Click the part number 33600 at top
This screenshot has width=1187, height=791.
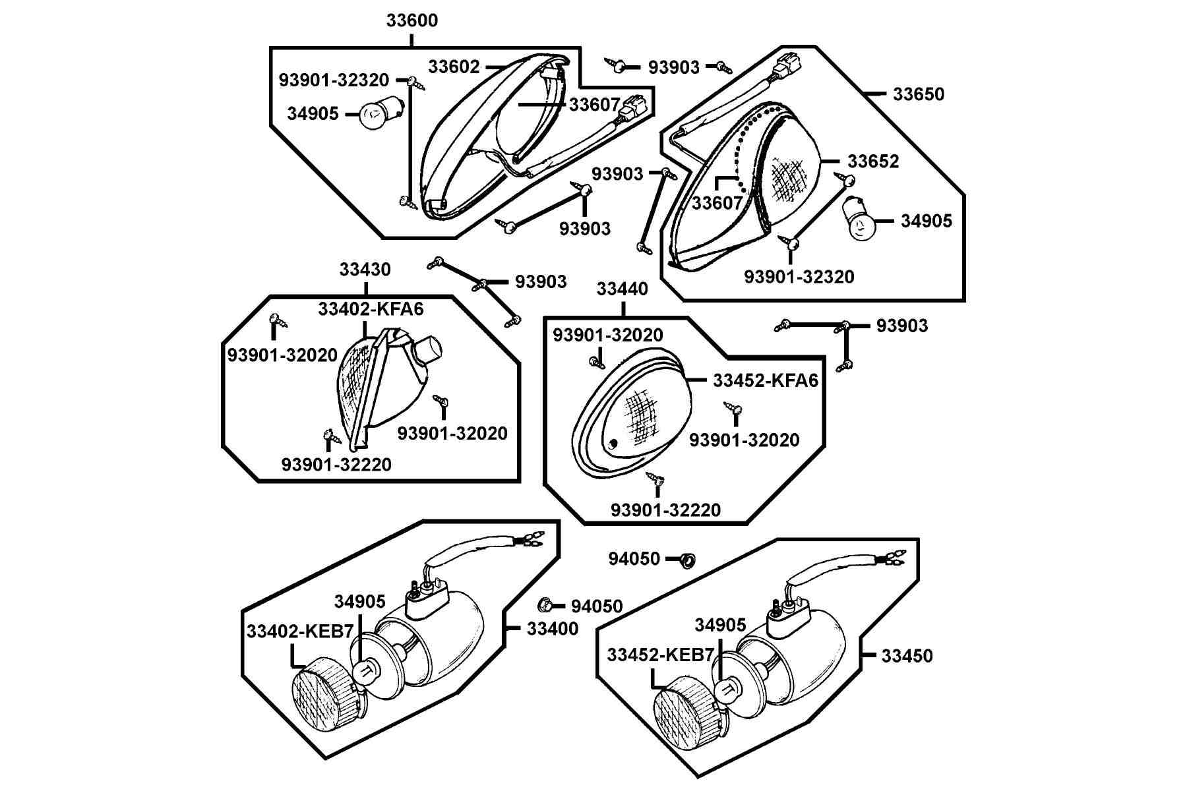[x=411, y=20]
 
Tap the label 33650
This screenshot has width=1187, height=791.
[x=919, y=94]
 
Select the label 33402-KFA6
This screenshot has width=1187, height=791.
[x=371, y=308]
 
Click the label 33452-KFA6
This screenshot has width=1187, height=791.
[x=766, y=380]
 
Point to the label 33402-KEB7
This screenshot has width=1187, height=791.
[x=300, y=631]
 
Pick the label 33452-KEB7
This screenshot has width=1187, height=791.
[x=661, y=655]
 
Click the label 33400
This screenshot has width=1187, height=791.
[x=553, y=628]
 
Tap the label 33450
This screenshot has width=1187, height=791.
[x=907, y=656]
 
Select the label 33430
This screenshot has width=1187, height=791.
[x=365, y=270]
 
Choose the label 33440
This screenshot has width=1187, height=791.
[x=623, y=289]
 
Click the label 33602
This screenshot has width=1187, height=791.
[x=454, y=67]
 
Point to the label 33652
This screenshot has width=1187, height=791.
[x=873, y=161]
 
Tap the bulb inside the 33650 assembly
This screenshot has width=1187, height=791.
[x=861, y=218]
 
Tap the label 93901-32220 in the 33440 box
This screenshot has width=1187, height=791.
[x=665, y=510]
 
